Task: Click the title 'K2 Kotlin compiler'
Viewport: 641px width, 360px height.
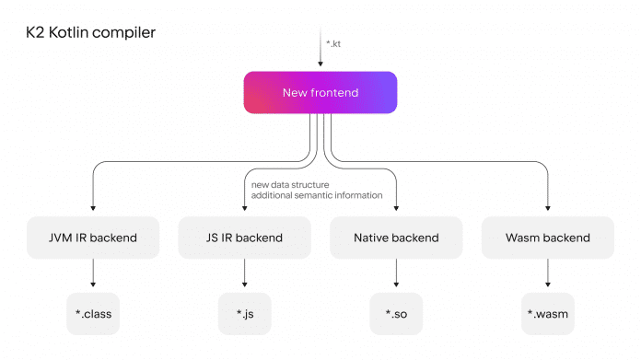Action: (90, 32)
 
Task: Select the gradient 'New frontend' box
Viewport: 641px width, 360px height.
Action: (320, 93)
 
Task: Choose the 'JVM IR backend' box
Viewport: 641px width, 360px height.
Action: (93, 238)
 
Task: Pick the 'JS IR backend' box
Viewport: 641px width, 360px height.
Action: (244, 238)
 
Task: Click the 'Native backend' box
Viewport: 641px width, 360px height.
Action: (396, 238)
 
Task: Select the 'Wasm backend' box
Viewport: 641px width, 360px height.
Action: (547, 238)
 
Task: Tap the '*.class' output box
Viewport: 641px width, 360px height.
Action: (93, 314)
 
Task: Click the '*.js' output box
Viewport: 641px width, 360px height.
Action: (244, 314)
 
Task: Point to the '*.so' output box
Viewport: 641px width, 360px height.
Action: (396, 314)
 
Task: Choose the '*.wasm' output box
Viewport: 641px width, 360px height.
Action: (547, 314)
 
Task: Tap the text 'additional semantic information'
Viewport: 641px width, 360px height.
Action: (316, 195)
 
